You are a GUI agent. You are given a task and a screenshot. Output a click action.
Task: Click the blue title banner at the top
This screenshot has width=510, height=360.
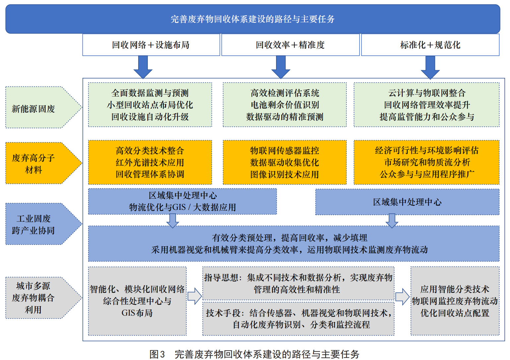[253, 19]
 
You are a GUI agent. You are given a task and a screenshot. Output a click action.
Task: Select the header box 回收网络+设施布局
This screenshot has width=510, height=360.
[151, 45]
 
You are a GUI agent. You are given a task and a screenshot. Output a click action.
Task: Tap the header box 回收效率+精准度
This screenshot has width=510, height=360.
[290, 45]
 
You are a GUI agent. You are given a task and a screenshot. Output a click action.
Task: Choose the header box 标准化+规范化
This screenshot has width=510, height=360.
[430, 45]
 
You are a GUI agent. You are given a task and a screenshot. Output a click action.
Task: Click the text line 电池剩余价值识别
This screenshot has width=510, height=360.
[285, 105]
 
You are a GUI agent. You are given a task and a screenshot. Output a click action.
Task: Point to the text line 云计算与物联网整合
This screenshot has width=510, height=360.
[427, 93]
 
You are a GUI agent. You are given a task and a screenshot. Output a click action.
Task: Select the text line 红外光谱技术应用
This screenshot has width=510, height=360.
[150, 162]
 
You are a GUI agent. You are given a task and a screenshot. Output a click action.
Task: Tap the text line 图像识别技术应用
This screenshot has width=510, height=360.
[285, 174]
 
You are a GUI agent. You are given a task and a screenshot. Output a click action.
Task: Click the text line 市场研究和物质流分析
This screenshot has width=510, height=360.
[427, 162]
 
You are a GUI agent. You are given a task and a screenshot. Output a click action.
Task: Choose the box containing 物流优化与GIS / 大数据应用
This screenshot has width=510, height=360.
[182, 202]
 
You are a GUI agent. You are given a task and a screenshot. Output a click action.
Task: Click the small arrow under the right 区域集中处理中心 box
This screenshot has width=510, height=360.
[392, 220]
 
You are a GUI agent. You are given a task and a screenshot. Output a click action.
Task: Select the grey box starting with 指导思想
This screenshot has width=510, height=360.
[298, 283]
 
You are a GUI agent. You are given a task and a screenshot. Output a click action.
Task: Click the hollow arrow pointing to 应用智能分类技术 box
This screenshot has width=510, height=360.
[402, 296]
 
